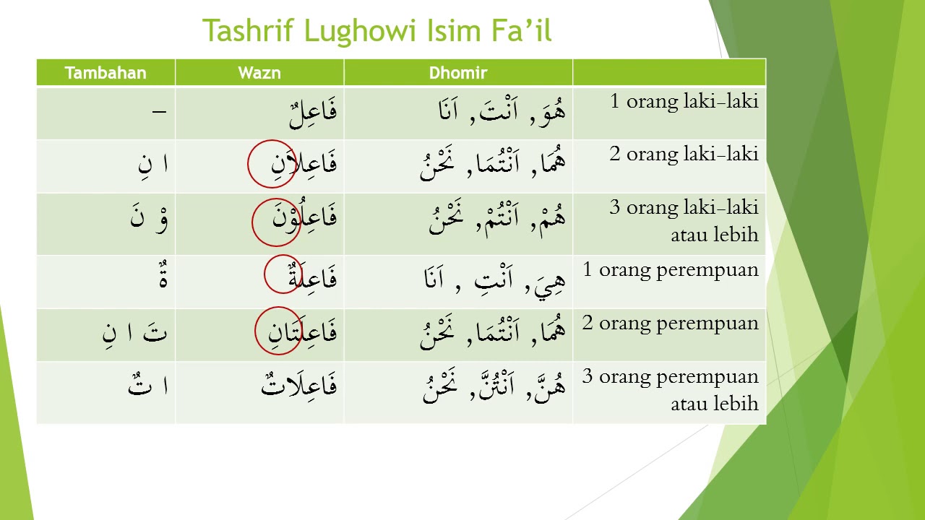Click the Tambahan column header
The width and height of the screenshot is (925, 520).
click(x=106, y=73)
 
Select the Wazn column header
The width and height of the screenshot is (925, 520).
click(x=259, y=73)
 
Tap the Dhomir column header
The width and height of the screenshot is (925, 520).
click(x=458, y=73)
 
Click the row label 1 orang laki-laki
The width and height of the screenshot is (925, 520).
click(x=684, y=101)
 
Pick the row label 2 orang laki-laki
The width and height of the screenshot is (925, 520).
click(x=684, y=154)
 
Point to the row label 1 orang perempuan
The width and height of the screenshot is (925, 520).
click(x=671, y=270)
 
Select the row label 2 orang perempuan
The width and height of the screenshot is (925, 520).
click(x=671, y=323)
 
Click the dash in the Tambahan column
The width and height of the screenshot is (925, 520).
click(x=159, y=112)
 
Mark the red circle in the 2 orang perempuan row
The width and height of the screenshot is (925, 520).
click(x=278, y=331)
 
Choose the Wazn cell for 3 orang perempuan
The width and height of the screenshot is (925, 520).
click(x=298, y=385)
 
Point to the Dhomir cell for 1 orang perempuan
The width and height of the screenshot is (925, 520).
click(x=495, y=278)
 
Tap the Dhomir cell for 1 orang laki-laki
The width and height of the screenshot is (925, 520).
click(x=502, y=112)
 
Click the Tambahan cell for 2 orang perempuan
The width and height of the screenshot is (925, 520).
click(x=135, y=333)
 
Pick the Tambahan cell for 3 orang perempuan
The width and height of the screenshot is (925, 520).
click(x=148, y=385)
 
